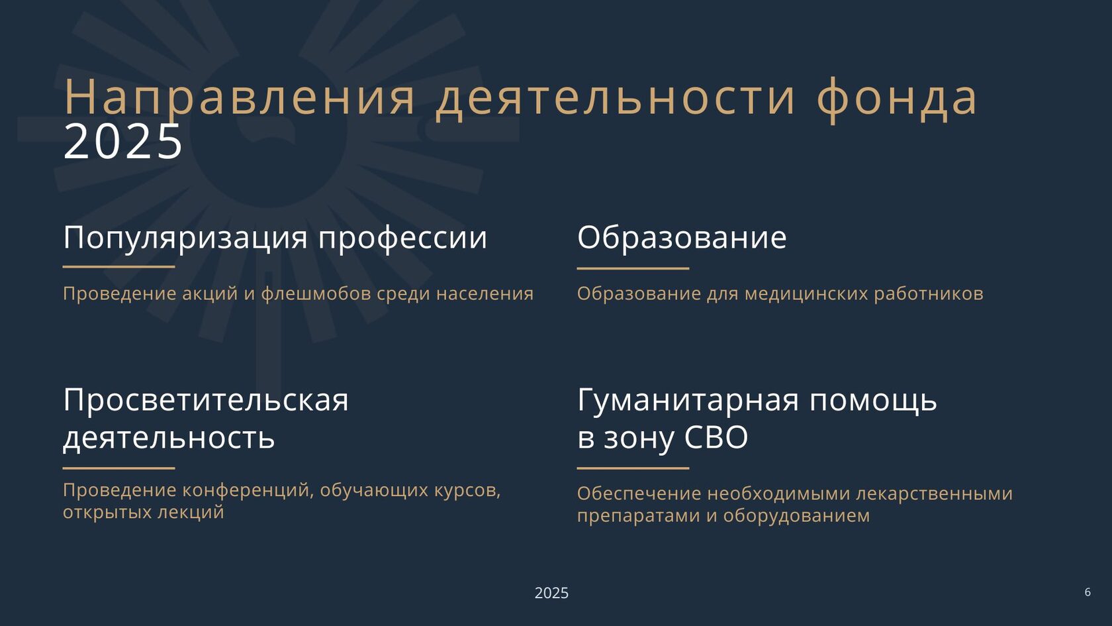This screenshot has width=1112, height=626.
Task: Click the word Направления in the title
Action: click(240, 97)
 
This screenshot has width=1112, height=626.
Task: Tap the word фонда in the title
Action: click(896, 99)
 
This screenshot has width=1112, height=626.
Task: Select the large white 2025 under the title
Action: click(123, 142)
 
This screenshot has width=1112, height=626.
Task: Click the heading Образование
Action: click(682, 237)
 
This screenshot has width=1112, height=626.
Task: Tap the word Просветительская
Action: click(206, 400)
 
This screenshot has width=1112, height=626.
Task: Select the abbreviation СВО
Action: click(716, 437)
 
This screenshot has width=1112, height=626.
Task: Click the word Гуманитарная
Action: click(688, 400)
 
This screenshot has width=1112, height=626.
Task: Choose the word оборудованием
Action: click(796, 515)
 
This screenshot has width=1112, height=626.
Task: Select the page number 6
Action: click(1088, 592)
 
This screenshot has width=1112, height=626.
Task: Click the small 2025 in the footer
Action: click(551, 593)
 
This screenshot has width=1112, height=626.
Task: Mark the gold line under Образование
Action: click(633, 268)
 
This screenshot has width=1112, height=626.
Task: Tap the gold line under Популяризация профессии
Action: click(118, 267)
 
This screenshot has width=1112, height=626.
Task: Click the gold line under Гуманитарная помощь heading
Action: click(633, 468)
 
